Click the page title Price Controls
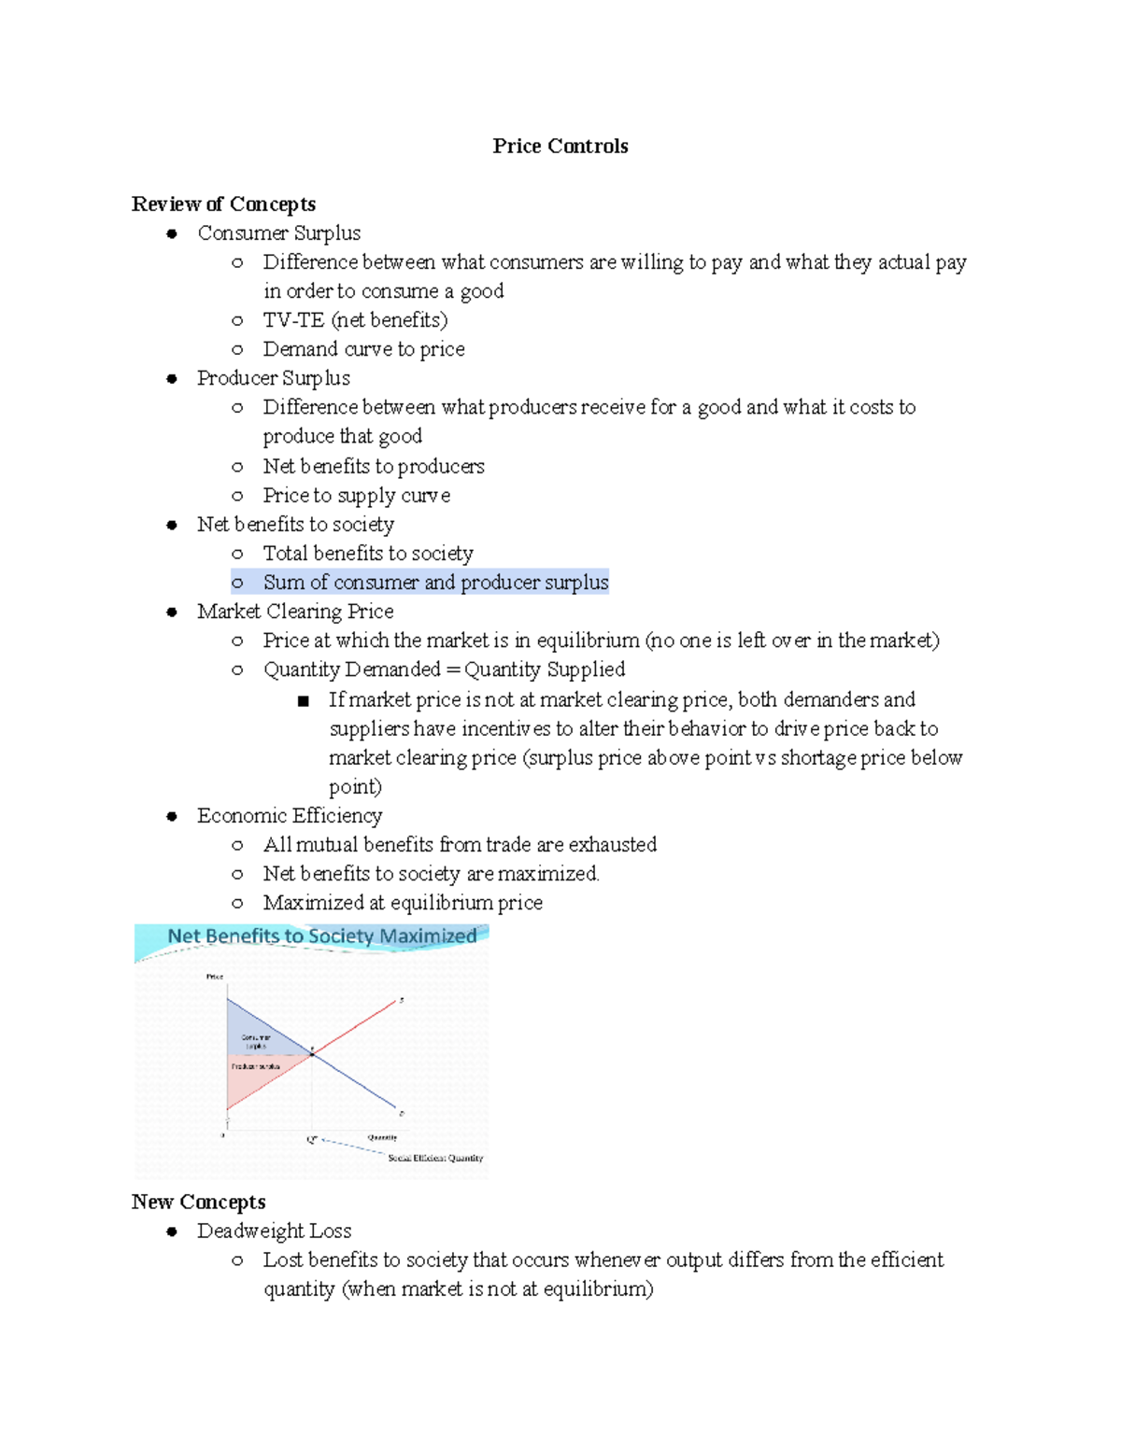click(x=560, y=146)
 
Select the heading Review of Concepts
click(x=223, y=204)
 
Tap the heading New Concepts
click(x=198, y=1202)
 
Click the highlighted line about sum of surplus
click(x=434, y=582)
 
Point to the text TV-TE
click(x=293, y=320)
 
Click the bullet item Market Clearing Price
click(x=294, y=612)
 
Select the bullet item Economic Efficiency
click(x=289, y=815)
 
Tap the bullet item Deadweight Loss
click(x=274, y=1231)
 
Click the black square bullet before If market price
click(x=303, y=700)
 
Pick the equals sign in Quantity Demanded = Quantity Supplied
click(x=452, y=669)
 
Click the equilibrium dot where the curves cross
click(x=312, y=1053)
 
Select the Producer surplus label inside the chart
click(x=255, y=1066)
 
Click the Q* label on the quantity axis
click(x=312, y=1140)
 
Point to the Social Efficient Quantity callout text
click(x=435, y=1158)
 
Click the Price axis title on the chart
click(x=215, y=977)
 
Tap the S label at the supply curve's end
click(x=402, y=1000)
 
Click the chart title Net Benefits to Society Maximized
click(x=321, y=936)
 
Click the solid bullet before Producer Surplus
click(x=172, y=378)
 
